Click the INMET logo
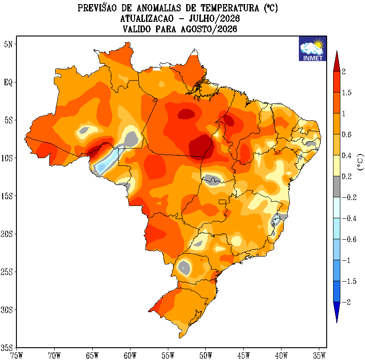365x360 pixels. (x=313, y=49)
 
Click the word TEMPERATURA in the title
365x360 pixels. (x=230, y=8)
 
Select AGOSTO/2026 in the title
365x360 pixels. (x=209, y=29)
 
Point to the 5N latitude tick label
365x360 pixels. (x=8, y=44)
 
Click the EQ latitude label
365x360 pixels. (x=8, y=82)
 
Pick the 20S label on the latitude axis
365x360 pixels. (x=7, y=234)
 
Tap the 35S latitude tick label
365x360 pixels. (x=7, y=348)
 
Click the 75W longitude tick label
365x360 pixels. (x=16, y=355)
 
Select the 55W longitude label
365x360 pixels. (x=168, y=355)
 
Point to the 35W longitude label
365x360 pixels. (x=319, y=355)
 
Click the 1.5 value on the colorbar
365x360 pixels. (x=347, y=93)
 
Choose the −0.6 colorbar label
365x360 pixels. (x=349, y=239)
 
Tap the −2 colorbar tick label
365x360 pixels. (x=346, y=302)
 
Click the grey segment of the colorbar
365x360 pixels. (x=337, y=187)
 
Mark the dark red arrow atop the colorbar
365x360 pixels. (x=337, y=62)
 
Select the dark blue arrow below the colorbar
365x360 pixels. (x=337, y=312)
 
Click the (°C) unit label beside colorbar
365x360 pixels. (x=360, y=162)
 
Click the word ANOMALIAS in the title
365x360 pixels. (x=159, y=8)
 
